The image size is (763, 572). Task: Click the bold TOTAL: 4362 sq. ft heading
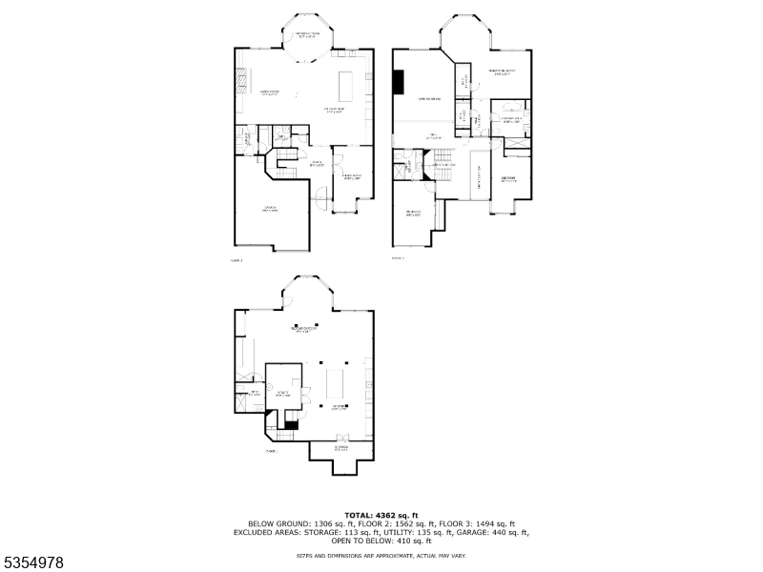tap(381, 515)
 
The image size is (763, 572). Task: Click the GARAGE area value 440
tap(503, 532)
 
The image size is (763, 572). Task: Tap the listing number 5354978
tap(34, 563)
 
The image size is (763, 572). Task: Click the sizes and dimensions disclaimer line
tap(381, 554)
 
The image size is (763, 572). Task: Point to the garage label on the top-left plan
tap(271, 208)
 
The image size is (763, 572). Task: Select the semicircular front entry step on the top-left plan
tap(321, 198)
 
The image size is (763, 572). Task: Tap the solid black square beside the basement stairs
tap(292, 425)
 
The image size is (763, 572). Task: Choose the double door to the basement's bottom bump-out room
tap(340, 440)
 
